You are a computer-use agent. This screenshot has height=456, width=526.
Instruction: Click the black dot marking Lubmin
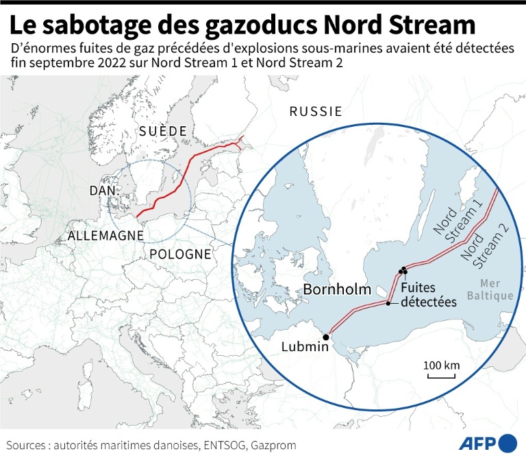[326, 337]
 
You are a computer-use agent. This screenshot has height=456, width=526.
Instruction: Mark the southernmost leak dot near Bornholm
[388, 303]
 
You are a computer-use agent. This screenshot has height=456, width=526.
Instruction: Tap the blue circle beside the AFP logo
[508, 442]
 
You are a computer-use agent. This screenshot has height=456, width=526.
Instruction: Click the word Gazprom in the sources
[273, 445]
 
